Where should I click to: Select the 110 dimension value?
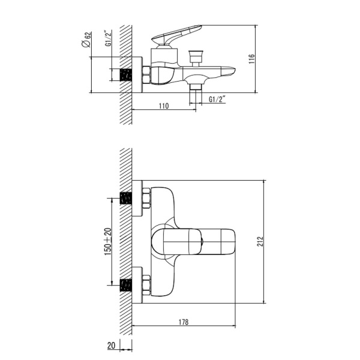(163, 106)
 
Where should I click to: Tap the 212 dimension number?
(260, 241)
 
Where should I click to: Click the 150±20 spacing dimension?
(107, 242)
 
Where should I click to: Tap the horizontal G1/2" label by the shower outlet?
(217, 100)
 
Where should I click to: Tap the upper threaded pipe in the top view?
(126, 199)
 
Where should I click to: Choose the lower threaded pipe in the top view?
(126, 285)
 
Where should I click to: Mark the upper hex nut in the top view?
(146, 199)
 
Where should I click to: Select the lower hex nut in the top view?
(146, 285)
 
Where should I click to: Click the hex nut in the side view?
(146, 76)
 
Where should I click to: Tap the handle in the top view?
(192, 242)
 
